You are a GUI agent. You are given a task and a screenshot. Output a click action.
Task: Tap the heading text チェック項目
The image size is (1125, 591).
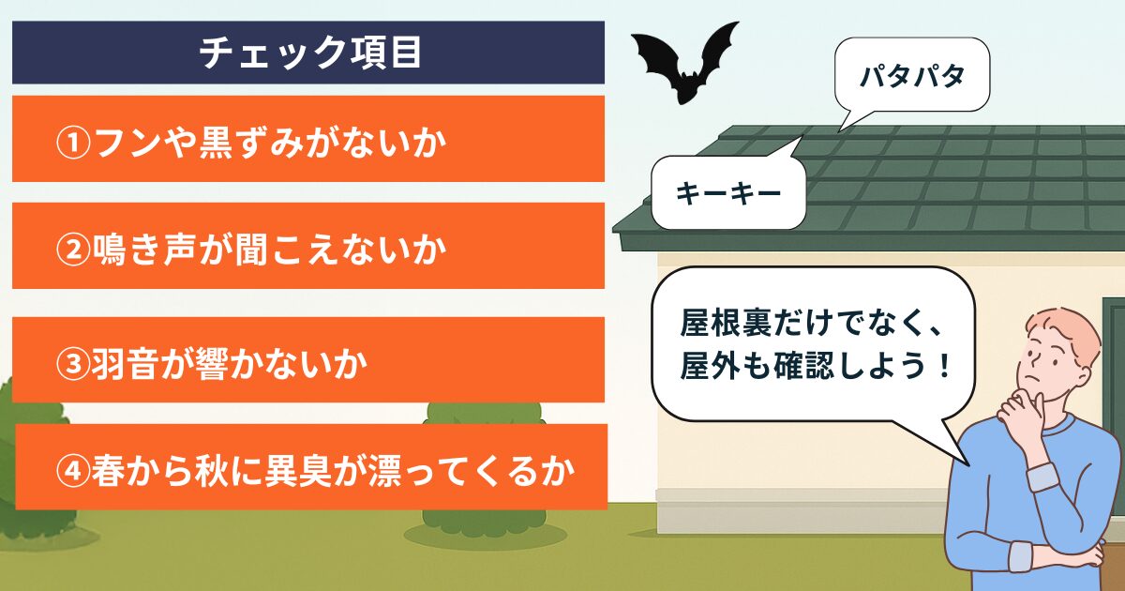pyautogui.click(x=310, y=53)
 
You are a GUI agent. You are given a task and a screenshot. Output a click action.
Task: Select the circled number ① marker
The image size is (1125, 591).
pyautogui.click(x=73, y=144)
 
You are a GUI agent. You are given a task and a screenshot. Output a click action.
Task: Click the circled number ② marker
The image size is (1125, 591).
pyautogui.click(x=73, y=250)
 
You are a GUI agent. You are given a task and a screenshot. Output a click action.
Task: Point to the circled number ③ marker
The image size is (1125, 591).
pyautogui.click(x=73, y=364)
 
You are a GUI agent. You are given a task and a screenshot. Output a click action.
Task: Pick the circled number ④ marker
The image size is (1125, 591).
pyautogui.click(x=73, y=471)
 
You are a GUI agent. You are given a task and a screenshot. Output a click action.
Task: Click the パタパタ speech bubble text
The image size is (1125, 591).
pyautogui.click(x=912, y=76)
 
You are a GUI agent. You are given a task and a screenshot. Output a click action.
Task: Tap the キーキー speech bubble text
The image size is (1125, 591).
pyautogui.click(x=728, y=193)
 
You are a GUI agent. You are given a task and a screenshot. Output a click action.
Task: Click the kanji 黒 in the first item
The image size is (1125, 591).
pyautogui.click(x=216, y=144)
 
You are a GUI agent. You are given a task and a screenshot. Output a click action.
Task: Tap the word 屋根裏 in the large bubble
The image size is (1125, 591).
pyautogui.click(x=727, y=322)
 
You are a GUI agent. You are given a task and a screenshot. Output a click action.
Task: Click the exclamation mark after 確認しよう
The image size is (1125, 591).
pyautogui.click(x=944, y=365)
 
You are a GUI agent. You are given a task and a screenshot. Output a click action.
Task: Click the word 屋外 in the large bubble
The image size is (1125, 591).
pyautogui.click(x=711, y=365)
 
